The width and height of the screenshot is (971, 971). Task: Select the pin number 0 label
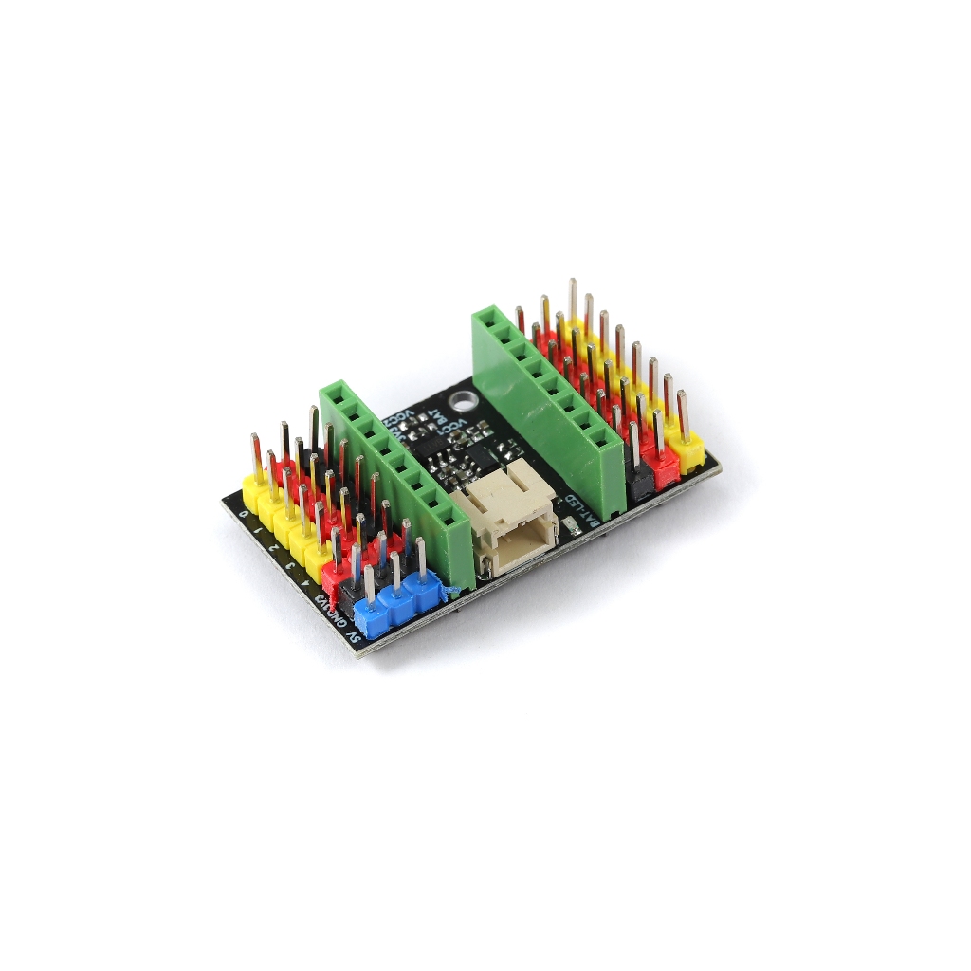pos(245,513)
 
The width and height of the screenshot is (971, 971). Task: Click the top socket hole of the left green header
pos(334,392)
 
